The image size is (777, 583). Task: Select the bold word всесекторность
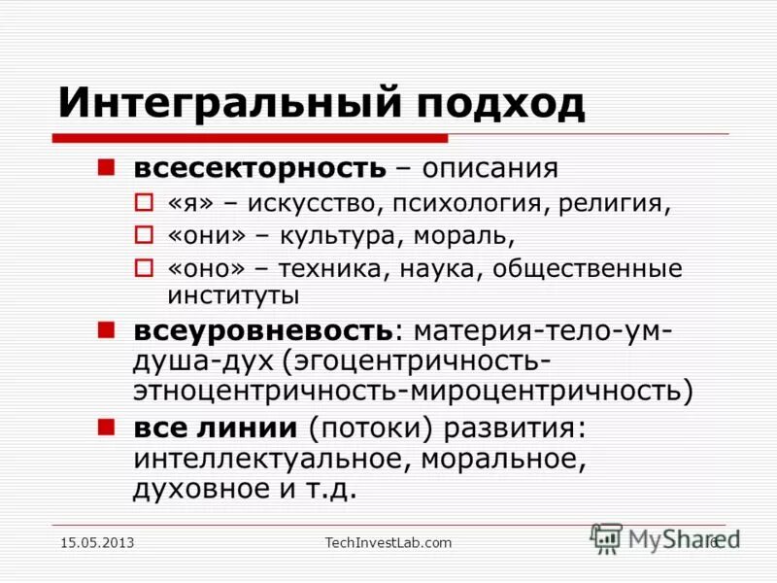[259, 168]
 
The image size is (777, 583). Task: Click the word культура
[345, 236]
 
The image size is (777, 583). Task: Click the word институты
[233, 293]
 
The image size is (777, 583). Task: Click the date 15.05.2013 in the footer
[97, 542]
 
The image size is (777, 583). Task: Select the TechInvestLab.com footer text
[388, 542]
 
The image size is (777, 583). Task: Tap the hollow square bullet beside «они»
[144, 236]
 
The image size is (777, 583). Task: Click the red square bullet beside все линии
[107, 425]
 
